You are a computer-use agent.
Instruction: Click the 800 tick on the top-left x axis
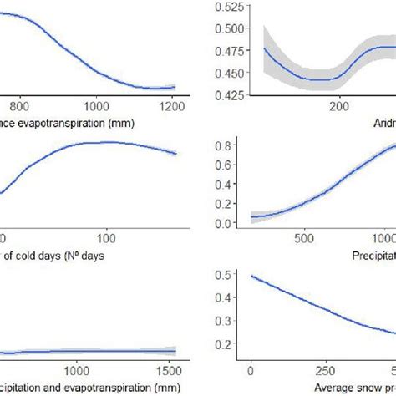(20, 106)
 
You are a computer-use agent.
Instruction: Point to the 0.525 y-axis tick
(221, 8)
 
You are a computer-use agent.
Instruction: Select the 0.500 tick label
(221, 29)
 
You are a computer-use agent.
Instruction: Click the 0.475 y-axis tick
(221, 51)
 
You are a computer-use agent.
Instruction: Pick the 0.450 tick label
(221, 73)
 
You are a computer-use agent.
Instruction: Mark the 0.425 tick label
(221, 94)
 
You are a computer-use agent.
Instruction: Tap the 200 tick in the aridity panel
(338, 106)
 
